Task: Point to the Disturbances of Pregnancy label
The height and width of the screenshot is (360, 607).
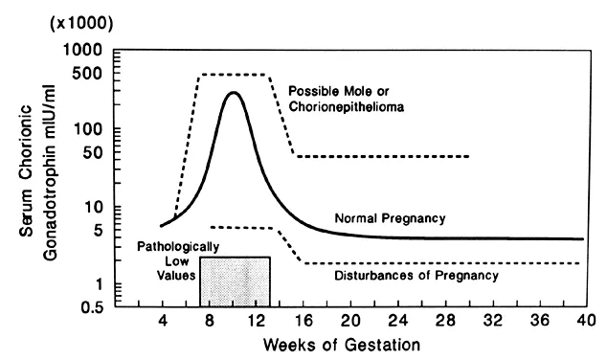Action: (x=416, y=277)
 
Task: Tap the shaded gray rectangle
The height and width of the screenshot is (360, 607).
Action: (x=235, y=281)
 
